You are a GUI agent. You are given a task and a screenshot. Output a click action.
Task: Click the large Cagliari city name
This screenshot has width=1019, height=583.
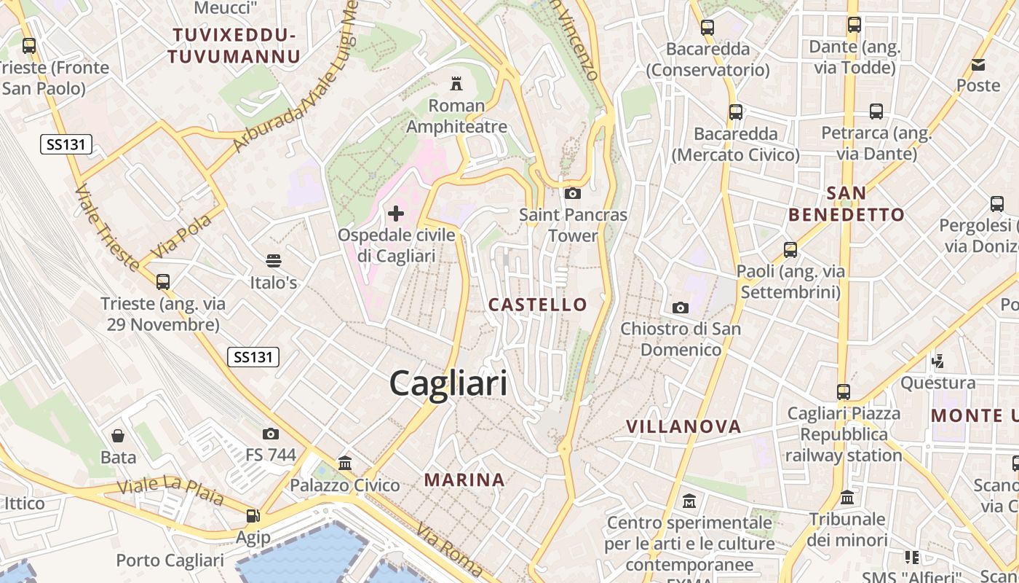click(x=448, y=383)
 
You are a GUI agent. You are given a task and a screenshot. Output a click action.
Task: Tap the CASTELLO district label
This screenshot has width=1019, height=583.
click(x=538, y=305)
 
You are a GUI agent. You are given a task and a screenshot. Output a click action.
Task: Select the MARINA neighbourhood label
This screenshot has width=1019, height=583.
click(x=464, y=480)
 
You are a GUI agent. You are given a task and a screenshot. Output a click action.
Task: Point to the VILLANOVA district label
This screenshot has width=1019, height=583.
click(x=683, y=426)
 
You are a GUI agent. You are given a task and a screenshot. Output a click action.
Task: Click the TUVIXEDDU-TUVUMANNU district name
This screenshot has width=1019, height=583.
click(x=234, y=45)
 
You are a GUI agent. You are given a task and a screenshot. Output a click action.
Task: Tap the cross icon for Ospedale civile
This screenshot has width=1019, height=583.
click(x=396, y=214)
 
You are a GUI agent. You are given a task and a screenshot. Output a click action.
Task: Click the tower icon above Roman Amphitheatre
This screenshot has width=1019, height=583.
click(x=456, y=83)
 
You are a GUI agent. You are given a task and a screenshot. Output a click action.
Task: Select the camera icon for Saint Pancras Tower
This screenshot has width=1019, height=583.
click(x=573, y=193)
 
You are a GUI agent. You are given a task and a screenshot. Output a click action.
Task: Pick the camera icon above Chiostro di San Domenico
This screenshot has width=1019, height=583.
click(x=681, y=308)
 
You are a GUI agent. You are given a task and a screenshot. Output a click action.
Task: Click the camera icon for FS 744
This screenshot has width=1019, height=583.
click(x=271, y=434)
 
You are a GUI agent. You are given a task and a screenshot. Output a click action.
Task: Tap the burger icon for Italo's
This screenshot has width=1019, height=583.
click(x=274, y=260)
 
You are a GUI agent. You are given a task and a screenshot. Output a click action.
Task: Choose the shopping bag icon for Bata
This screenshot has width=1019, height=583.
click(x=118, y=436)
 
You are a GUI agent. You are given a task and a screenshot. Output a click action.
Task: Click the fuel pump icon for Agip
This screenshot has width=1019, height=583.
click(x=253, y=516)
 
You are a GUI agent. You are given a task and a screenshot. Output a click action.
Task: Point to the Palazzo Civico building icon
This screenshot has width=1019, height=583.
click(x=345, y=463)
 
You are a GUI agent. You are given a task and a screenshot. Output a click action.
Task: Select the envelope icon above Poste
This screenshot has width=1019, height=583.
click(x=978, y=65)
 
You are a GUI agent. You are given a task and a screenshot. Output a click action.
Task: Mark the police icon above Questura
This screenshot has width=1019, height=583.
click(x=938, y=361)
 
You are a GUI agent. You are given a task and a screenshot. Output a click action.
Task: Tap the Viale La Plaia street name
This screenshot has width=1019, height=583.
click(x=170, y=492)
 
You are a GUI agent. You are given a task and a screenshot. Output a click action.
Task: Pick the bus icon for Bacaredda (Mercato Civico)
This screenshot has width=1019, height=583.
click(x=736, y=112)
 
